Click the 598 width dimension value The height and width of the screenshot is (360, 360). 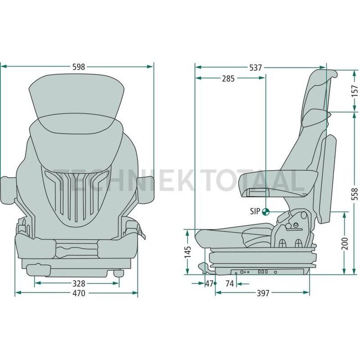[79, 67]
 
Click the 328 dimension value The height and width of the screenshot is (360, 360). [78, 283]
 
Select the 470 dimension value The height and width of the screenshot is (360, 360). [78, 294]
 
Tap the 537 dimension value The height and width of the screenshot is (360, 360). [256, 68]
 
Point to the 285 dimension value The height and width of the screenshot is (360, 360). [228, 79]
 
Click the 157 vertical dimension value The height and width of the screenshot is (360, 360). [354, 91]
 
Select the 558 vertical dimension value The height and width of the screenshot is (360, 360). [354, 193]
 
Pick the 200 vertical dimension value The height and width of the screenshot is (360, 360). [344, 243]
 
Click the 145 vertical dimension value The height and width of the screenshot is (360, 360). [187, 252]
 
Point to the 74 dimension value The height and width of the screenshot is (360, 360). [229, 283]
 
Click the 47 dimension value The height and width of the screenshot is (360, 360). [209, 283]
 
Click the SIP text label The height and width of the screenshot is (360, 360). [254, 211]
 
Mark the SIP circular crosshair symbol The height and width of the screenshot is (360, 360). [266, 211]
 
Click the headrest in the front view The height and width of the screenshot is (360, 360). [76, 97]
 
